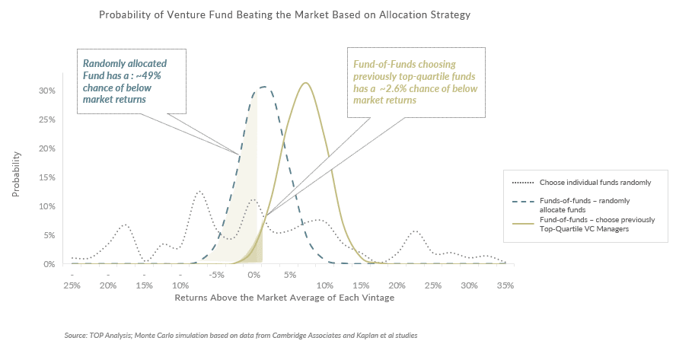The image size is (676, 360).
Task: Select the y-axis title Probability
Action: (x=16, y=174)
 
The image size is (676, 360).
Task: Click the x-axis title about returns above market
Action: (x=285, y=298)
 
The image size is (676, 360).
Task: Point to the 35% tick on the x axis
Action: (x=505, y=285)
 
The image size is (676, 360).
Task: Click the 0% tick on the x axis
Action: (x=254, y=276)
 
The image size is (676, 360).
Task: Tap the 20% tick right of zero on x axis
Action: (x=397, y=285)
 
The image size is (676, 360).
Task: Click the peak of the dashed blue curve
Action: (x=263, y=87)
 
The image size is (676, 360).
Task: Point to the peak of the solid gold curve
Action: (x=305, y=83)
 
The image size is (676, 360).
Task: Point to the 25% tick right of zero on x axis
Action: (x=432, y=285)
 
